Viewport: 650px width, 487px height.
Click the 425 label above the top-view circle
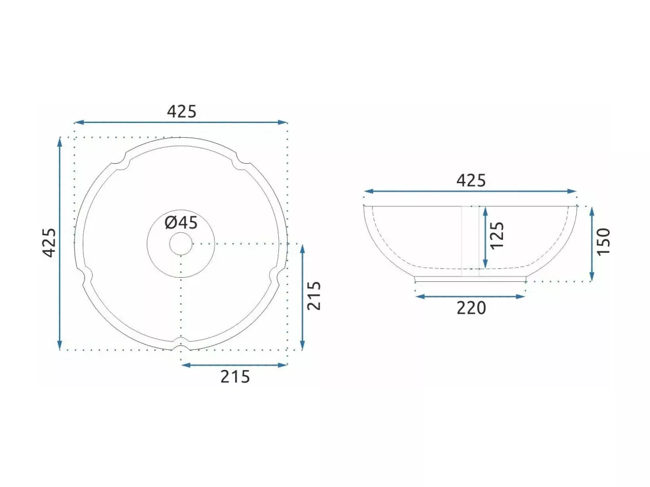click(181, 111)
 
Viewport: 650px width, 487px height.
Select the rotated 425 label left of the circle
click(50, 243)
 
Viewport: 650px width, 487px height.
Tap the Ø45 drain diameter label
click(181, 223)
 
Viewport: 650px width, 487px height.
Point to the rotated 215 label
click(314, 296)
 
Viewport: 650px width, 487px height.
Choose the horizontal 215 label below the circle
click(235, 376)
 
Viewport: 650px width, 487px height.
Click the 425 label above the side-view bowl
click(471, 180)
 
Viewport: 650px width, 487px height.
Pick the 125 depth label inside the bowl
click(496, 235)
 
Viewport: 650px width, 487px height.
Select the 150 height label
click(603, 241)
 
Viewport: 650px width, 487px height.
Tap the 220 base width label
click(472, 308)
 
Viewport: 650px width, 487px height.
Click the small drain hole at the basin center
click(181, 243)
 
